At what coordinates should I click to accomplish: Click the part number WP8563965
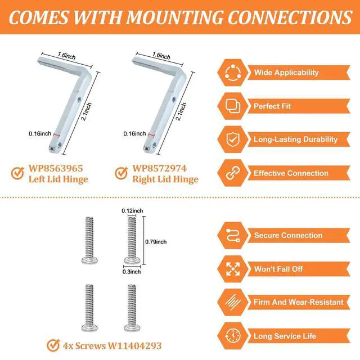[56, 168]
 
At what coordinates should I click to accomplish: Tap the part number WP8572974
[159, 168]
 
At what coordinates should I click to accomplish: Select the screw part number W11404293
[135, 345]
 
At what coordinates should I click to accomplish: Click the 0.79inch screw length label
[156, 242]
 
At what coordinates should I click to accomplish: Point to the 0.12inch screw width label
[132, 210]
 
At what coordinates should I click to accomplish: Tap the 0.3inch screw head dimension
[132, 272]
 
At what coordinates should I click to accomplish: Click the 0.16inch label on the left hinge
[40, 134]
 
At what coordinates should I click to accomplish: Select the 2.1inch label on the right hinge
[181, 111]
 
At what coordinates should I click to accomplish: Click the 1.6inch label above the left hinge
[66, 56]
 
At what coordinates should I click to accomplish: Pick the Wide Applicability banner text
[286, 73]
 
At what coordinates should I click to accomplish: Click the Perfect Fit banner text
[272, 106]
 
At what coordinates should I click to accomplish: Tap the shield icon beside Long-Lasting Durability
[233, 139]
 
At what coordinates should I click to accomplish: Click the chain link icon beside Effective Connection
[233, 173]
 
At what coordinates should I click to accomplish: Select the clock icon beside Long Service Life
[233, 336]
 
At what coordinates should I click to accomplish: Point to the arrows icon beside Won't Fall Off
[233, 269]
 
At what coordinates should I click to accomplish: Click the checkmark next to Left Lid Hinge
[17, 173]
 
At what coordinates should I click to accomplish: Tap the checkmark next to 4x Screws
[53, 345]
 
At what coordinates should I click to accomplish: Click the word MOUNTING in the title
[175, 17]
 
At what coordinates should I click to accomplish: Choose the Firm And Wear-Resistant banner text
[299, 302]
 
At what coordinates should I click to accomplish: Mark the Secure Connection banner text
[288, 235]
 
